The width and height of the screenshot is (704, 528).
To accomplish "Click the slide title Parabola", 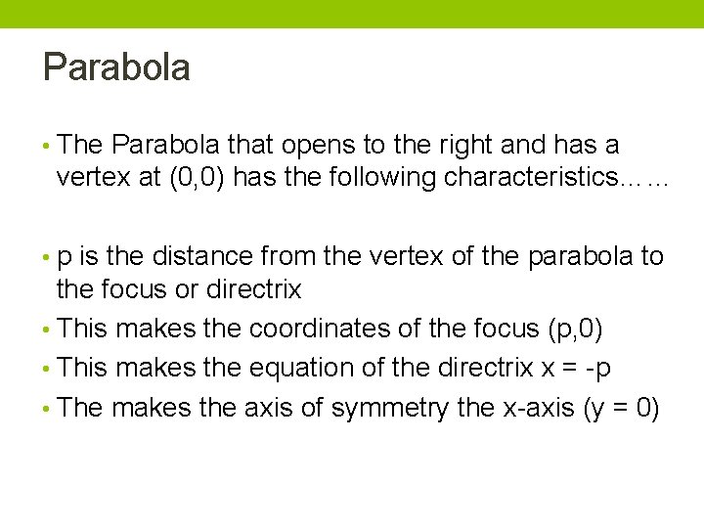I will tap(116, 68).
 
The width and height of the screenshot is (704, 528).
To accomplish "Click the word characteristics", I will tap(531, 178).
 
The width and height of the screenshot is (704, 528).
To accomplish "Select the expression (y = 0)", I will tap(621, 408).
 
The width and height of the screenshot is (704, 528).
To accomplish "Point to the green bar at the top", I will tap(352, 14).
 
